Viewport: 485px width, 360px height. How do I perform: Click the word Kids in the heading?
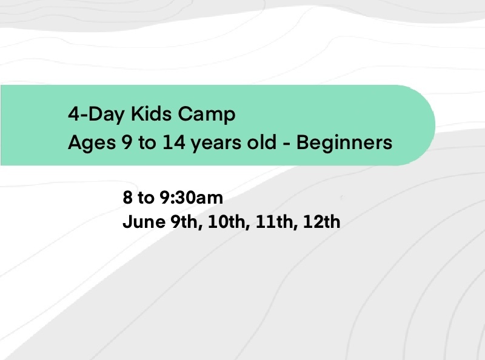tap(151, 114)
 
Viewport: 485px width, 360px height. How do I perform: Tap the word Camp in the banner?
tap(207, 115)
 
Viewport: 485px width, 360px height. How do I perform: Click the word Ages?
tap(92, 144)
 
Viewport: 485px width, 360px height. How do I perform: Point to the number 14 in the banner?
tap(174, 142)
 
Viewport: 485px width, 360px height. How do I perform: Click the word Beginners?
tap(344, 144)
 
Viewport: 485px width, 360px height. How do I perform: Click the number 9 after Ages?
tap(127, 142)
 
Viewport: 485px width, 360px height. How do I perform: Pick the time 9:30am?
tap(191, 198)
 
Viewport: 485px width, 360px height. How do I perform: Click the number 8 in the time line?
tap(127, 198)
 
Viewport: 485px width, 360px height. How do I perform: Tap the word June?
tap(144, 222)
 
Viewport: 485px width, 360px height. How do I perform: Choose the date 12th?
tap(322, 222)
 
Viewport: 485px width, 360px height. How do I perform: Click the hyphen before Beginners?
tap(287, 144)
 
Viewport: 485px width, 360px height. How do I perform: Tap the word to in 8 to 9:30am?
tap(145, 198)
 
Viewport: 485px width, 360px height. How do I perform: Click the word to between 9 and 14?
tap(147, 143)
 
